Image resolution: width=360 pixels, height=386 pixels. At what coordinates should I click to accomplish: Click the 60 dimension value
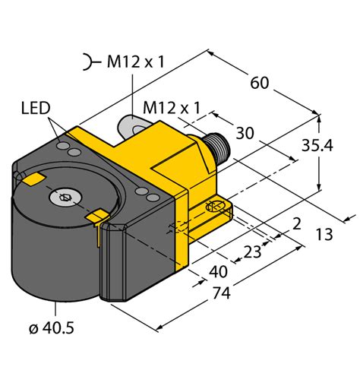pos(259,83)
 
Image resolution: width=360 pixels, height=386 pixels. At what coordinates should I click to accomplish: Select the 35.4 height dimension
pos(317,145)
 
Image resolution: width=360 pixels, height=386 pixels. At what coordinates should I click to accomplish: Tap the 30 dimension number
pos(245,133)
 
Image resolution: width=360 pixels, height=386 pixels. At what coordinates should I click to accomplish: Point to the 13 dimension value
pos(324,234)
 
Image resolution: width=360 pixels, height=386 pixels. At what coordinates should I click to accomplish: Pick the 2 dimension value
pos(297,224)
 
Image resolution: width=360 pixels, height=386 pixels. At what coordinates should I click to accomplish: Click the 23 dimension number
pos(252,252)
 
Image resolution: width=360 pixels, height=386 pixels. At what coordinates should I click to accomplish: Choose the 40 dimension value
pos(218,272)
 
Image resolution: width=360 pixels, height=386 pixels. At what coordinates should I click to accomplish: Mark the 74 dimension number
pos(221,293)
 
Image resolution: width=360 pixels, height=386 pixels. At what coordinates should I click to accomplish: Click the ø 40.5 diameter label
pos(52,328)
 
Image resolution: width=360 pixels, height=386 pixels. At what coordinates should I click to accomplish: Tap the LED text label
pos(36,108)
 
